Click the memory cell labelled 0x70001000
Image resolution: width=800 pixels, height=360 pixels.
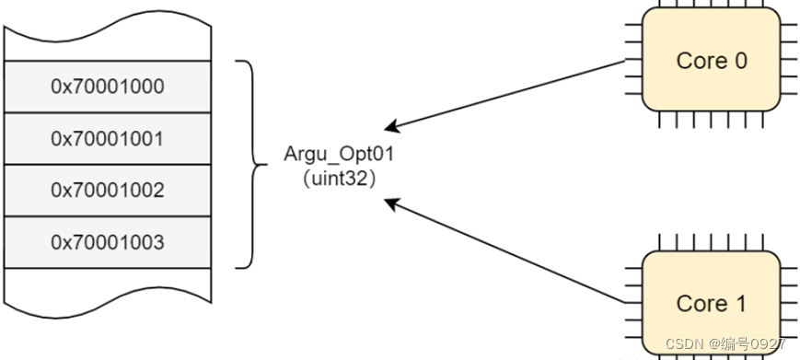[108, 87]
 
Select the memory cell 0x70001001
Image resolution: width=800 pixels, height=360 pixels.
[108, 139]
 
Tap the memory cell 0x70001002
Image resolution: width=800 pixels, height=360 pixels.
[108, 191]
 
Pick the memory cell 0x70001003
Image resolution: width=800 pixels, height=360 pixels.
[108, 243]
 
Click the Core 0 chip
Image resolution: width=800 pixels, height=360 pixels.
[711, 62]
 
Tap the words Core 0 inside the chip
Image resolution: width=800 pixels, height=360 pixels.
[711, 62]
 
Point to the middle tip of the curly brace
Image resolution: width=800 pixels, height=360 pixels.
[259, 165]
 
